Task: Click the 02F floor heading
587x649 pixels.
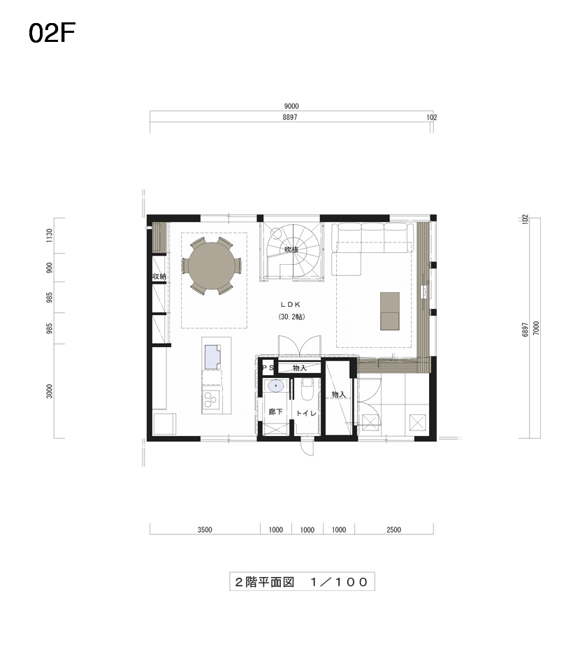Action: pos(52,33)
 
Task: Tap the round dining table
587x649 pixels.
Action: pos(211,265)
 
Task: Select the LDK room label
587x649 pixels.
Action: pos(291,304)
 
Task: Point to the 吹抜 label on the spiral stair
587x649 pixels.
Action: pos(291,249)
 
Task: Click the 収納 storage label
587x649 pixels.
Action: pos(159,276)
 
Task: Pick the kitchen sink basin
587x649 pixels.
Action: pos(212,356)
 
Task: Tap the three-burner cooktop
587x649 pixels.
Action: pos(210,399)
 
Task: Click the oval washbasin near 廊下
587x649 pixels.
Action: pos(276,386)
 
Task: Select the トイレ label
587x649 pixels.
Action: pos(306,413)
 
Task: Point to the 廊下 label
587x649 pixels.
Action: pos(276,411)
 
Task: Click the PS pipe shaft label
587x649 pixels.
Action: pos(268,367)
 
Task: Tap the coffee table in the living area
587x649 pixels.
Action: pos(390,311)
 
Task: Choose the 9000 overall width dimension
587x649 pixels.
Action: pos(291,106)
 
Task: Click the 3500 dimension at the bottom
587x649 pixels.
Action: pos(205,530)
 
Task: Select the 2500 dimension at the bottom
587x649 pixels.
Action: pos(393,530)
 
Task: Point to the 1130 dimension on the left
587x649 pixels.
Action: pos(50,235)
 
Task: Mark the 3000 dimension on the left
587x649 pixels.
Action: pos(50,391)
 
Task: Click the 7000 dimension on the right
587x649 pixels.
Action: pos(537,328)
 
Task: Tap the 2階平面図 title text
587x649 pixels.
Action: pos(265,582)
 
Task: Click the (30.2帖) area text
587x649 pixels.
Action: pos(291,317)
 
